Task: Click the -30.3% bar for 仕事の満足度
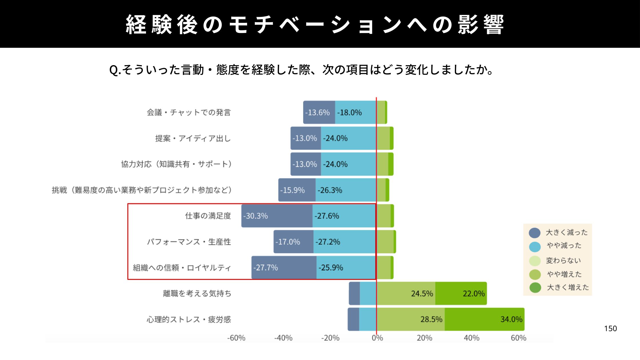point(277,216)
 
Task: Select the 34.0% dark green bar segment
point(484,319)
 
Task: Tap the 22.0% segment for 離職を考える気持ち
point(461,293)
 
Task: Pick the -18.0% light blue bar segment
point(355,112)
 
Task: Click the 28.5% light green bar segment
point(411,319)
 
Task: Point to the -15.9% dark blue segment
point(297,190)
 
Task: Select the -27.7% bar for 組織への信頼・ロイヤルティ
point(284,267)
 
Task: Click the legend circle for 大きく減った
point(535,233)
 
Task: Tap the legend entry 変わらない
point(563,261)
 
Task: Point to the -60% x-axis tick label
point(236,338)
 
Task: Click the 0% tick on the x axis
point(377,338)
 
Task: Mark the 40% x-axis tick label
point(471,338)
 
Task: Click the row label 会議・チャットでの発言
point(189,113)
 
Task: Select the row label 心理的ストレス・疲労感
point(189,319)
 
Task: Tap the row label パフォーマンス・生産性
point(189,242)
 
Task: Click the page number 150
point(610,329)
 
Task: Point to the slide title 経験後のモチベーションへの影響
point(315,25)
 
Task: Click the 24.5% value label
point(422,294)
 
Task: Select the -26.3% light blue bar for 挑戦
point(346,190)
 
